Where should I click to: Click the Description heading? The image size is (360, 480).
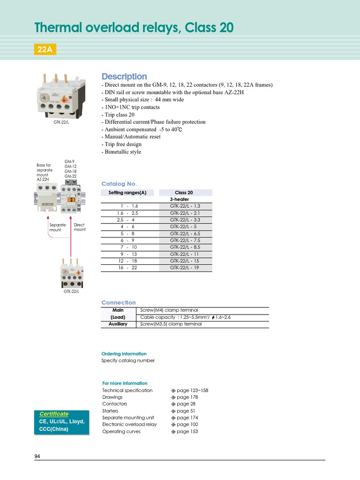124,76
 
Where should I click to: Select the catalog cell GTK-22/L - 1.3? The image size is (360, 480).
185,206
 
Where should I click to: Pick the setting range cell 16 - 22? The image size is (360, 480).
127,268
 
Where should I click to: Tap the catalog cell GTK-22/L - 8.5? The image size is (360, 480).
185,247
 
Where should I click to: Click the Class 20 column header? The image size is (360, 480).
184,193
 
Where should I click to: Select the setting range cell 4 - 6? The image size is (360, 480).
127,226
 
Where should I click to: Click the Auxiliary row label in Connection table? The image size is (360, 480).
118,324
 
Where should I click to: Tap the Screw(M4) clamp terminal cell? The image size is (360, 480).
169,310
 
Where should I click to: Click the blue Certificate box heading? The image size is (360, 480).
53,414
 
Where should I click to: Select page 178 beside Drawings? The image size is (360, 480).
186,397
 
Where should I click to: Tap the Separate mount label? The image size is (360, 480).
58,227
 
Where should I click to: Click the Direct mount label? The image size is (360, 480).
80,227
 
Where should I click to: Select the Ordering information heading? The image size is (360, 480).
124,354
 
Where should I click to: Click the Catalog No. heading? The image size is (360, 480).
119,184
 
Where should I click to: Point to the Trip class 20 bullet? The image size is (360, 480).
118,114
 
